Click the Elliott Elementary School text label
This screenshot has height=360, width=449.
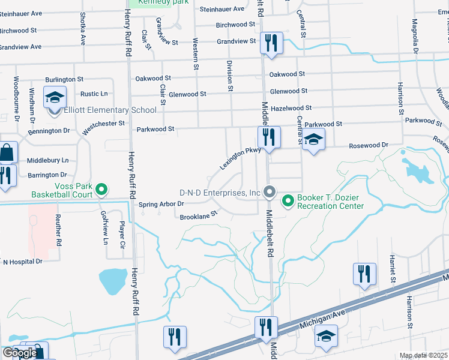[x=112, y=110]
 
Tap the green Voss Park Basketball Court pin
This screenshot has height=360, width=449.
[x=101, y=190]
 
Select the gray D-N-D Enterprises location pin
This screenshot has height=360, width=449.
[x=270, y=193]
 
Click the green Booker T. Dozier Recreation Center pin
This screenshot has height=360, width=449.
[x=288, y=199]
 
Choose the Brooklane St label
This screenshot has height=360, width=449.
[x=197, y=215]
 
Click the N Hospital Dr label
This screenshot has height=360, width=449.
[x=23, y=262]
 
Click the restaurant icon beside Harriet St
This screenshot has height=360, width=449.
[x=364, y=274]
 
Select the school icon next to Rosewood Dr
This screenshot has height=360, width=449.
[x=313, y=140]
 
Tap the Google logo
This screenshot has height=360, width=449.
[x=20, y=353]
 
